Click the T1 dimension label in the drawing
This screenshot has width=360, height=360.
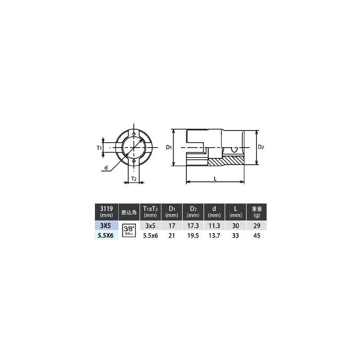click(x=99, y=147)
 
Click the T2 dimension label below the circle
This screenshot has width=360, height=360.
click(x=134, y=179)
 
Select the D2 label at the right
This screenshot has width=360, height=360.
click(x=261, y=147)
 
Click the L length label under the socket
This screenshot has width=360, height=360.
click(x=216, y=179)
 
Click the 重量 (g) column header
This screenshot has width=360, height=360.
click(x=257, y=211)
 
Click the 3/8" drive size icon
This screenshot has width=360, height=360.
click(x=128, y=230)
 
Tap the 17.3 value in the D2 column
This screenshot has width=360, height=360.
click(x=193, y=225)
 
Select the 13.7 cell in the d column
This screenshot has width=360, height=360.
click(x=214, y=235)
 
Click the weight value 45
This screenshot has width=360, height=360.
click(x=257, y=235)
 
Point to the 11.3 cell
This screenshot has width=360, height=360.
click(x=214, y=225)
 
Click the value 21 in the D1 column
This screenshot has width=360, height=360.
click(x=171, y=235)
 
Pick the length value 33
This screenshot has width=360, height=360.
click(x=236, y=235)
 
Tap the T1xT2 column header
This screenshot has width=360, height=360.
click(x=150, y=211)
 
